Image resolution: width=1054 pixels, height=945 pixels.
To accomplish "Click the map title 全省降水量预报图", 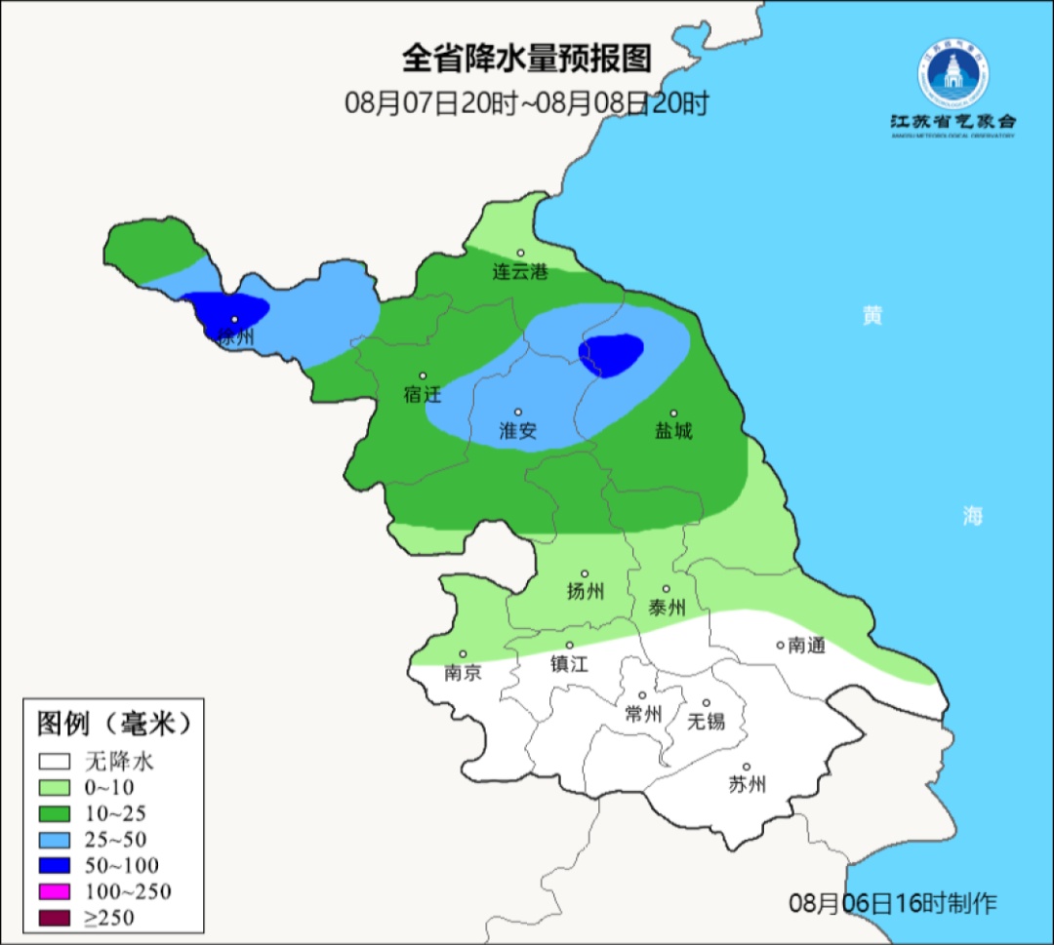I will click(526, 59).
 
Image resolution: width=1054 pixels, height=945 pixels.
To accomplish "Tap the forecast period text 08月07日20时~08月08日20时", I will click(526, 103).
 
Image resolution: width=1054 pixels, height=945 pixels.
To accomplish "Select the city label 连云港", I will click(520, 272).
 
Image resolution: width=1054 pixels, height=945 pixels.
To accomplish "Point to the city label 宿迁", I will click(423, 395).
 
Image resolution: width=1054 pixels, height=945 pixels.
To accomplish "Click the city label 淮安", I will click(518, 431).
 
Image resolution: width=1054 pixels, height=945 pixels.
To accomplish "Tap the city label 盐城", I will click(673, 431).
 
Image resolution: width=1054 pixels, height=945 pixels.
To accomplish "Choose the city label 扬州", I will click(585, 591).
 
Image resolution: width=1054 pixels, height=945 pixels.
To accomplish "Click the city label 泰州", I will click(667, 608).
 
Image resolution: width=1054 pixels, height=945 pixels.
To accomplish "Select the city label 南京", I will click(463, 673).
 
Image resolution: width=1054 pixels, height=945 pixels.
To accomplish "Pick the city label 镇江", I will click(569, 663).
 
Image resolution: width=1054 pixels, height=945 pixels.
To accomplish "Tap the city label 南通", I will click(806, 646).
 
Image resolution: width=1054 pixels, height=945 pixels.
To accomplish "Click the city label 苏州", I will click(747, 785).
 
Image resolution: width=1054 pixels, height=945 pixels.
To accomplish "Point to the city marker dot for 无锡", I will click(707, 703).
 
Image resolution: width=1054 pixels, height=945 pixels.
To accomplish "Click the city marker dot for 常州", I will click(642, 695).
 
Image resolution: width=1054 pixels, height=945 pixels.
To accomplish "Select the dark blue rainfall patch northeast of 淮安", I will click(611, 354).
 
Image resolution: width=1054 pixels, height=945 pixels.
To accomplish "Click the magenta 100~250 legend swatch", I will click(56, 891).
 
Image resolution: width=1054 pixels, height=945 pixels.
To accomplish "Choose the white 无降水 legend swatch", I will click(56, 761).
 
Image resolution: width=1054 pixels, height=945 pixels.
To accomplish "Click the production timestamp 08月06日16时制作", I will click(892, 902).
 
